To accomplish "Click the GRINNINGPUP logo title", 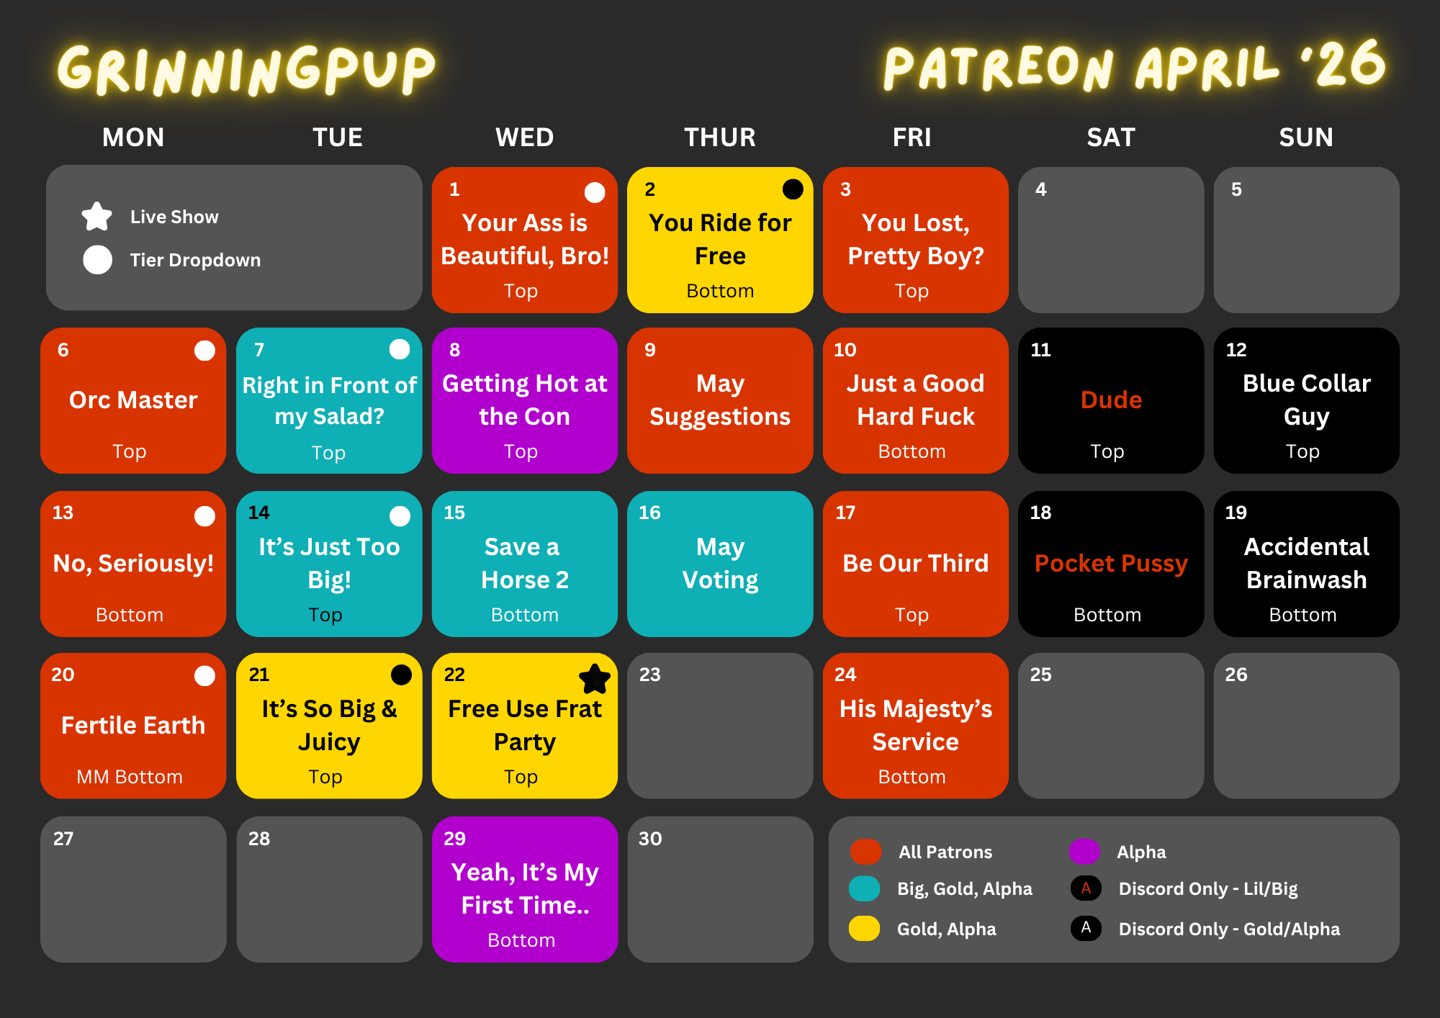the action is pos(246,70).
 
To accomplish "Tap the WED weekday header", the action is pos(525,137).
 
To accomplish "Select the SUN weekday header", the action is pos(1306,137).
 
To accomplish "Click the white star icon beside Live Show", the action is pos(97,216).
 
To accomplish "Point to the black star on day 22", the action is pos(595,678).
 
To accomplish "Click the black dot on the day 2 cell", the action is pos(793,189).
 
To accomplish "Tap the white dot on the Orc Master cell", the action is pos(205,351).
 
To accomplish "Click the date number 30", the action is pos(650,839).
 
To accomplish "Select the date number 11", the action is pos(1041,350).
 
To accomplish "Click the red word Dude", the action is pos(1111,400).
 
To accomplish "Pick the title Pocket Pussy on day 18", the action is pos(1111,564).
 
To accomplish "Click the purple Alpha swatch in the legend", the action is pos(1084,852).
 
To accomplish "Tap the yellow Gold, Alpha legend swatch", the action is pos(865,929).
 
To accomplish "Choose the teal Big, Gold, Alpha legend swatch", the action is pos(865,889).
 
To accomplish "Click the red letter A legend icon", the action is pos(1086,888).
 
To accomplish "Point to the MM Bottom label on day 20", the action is pos(130,777).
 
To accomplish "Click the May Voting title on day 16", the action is pos(720,564).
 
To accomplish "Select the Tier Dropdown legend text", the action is pos(195,260).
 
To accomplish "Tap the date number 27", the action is pos(63,839).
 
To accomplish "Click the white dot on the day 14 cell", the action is pos(400,515).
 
